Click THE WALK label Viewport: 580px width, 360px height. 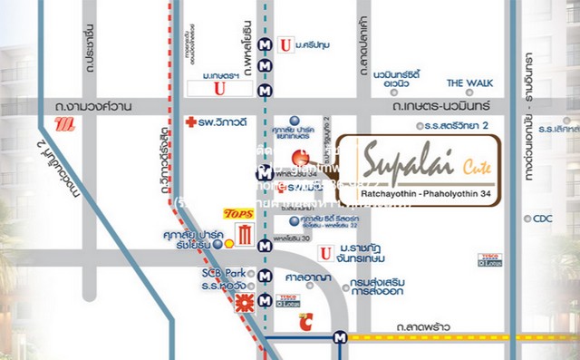(469, 83)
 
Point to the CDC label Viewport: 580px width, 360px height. (543, 218)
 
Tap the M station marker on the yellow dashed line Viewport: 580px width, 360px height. (339, 336)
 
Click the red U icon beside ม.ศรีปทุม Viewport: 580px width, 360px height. (286, 43)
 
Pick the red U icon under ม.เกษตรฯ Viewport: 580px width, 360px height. (217, 87)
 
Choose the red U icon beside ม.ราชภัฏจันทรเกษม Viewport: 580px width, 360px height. (323, 251)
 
